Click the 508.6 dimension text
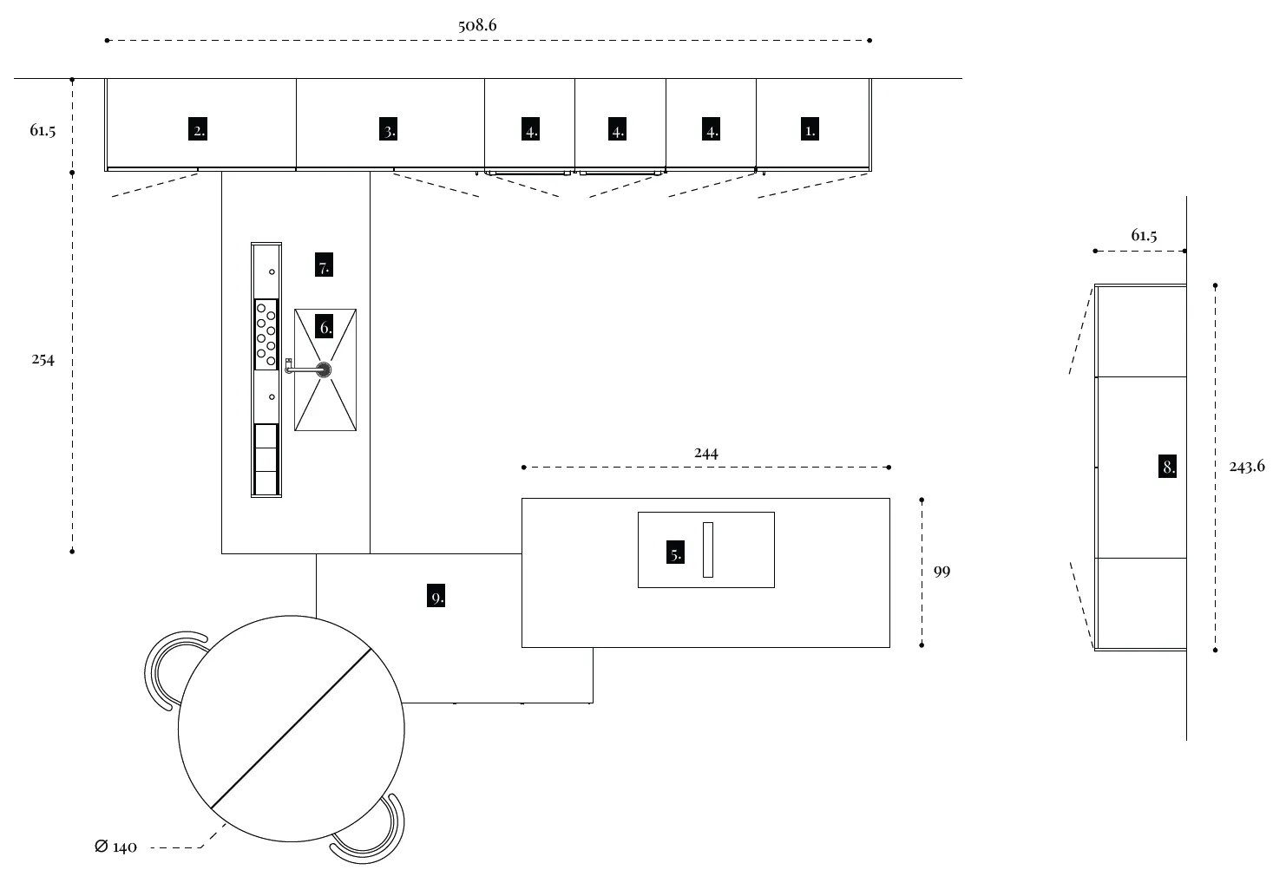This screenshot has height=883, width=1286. [477, 25]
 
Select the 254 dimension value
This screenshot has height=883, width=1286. [43, 360]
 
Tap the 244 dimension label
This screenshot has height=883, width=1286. [706, 453]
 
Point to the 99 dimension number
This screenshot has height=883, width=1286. [942, 572]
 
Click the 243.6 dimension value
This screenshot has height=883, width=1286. [1247, 467]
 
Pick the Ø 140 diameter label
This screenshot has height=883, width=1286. [115, 847]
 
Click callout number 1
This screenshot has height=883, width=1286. [810, 130]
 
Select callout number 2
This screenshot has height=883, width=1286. [200, 131]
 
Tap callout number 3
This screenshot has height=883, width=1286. [390, 131]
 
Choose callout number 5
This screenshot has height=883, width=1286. [676, 553]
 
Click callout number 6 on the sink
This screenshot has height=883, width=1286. [325, 328]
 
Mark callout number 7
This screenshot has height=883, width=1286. [324, 266]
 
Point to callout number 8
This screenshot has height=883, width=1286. [1168, 467]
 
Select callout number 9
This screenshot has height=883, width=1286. [436, 597]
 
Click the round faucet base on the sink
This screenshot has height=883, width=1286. [325, 370]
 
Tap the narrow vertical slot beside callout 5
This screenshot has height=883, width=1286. [708, 550]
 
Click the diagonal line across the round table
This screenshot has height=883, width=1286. [292, 729]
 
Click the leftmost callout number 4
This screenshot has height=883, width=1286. [531, 131]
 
